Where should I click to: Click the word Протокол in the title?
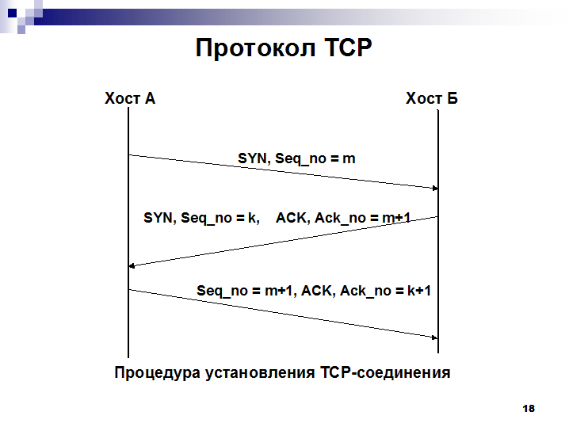pos(255,48)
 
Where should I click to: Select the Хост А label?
pos(130,98)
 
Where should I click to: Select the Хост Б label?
pos(431,98)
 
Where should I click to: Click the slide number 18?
pos(529,409)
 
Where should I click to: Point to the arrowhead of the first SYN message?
pos(435,188)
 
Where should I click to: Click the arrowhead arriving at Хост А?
pos(132,266)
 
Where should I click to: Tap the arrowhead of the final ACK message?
pos(435,337)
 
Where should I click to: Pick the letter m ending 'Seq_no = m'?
pos(349,159)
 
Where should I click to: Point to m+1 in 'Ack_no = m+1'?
pos(396,218)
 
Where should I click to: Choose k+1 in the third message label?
pos(419,291)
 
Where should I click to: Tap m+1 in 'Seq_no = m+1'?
pos(278,291)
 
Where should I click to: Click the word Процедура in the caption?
pos(158,373)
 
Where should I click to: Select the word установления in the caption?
pos(260,373)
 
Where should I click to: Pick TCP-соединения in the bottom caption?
pos(385,372)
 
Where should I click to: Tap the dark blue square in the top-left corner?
pos(12,13)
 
